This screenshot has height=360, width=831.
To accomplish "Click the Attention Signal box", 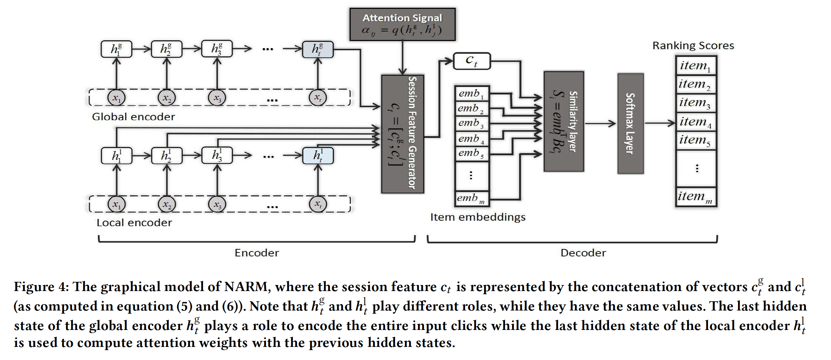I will tap(402, 24).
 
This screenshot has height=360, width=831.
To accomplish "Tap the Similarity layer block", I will tap(564, 121).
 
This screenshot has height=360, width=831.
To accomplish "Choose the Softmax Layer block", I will tap(630, 123).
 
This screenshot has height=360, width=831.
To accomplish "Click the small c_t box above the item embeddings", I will tap(472, 61).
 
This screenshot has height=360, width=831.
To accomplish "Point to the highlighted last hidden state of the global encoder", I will tap(318, 49).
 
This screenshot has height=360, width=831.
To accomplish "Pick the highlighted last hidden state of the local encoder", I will tap(318, 156).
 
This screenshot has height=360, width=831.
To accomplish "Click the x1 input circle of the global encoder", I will tap(116, 98).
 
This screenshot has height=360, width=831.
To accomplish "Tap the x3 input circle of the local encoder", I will tap(217, 204).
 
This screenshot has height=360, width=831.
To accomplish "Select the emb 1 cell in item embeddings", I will tap(472, 93).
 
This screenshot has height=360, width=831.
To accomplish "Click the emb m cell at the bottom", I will tap(472, 198).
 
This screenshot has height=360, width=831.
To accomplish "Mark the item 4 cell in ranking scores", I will tap(696, 122).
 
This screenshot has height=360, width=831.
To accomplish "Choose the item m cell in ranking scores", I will tap(696, 197).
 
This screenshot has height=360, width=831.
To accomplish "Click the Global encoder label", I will tap(133, 117).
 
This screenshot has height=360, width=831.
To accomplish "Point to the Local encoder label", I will tap(134, 222).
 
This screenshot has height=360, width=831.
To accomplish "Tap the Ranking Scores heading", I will tap(693, 46).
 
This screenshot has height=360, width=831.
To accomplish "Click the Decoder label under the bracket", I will tap(583, 253).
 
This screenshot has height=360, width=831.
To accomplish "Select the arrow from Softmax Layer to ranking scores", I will tap(660, 123).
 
